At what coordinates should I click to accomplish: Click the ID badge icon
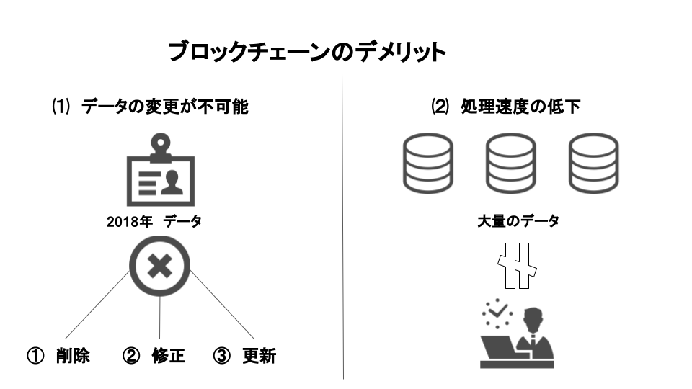coord(159,173)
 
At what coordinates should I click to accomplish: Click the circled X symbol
coord(159,267)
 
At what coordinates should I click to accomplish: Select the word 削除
coord(73,356)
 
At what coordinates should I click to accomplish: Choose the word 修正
coord(168,356)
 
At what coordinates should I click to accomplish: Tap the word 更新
coord(259,356)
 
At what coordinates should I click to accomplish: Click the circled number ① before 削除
coord(35,356)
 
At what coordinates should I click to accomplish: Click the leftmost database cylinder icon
coord(427,164)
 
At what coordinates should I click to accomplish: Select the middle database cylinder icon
coord(510,164)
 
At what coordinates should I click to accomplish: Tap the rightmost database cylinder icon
coord(593,164)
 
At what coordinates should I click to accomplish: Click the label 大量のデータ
coord(518,221)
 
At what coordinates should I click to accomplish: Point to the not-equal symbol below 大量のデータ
coord(519,265)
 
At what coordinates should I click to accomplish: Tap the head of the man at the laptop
coord(533,318)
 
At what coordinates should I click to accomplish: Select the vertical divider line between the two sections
coord(343,231)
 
